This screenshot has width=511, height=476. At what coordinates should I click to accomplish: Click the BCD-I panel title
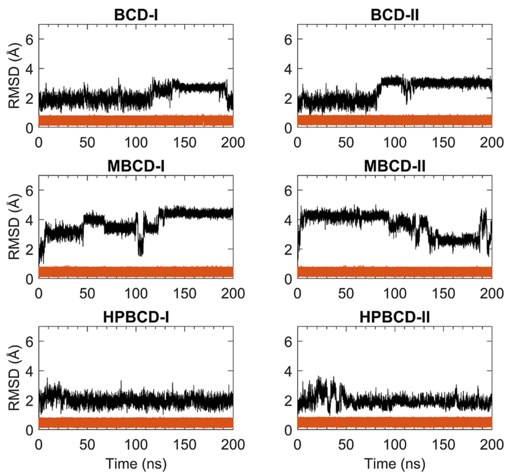136,15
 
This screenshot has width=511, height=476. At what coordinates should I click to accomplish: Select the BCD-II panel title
394,15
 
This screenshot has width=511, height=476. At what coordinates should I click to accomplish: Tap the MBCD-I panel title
136,166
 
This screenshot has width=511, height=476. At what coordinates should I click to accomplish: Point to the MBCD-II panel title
394,166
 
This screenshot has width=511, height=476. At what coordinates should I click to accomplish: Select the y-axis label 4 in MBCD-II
288,220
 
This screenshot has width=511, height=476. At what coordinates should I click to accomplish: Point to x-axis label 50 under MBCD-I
87,294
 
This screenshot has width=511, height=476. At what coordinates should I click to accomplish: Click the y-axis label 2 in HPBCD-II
288,401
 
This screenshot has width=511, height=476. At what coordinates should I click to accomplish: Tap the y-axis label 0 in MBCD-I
30,279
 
